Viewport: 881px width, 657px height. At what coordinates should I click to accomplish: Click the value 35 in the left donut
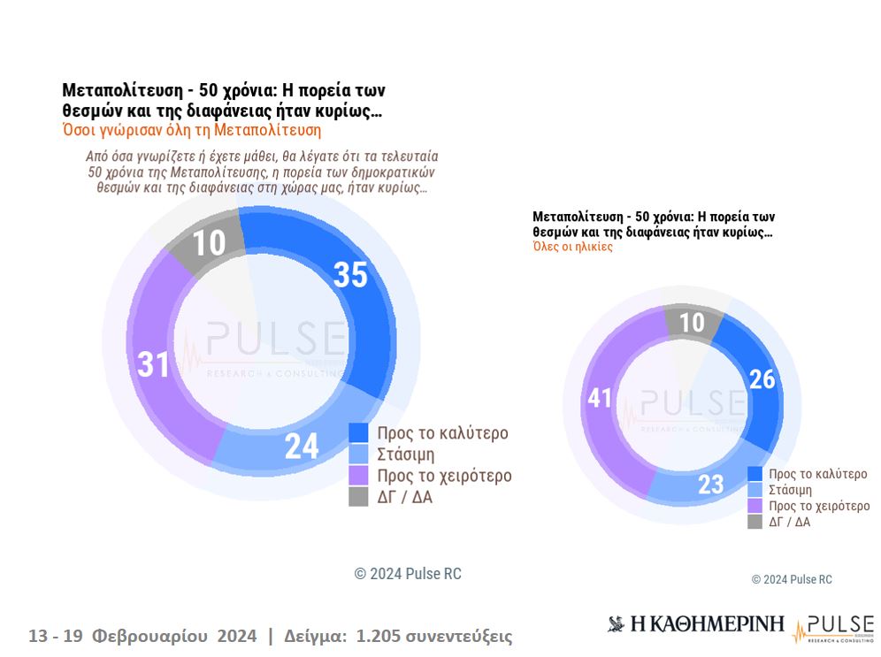click(x=350, y=275)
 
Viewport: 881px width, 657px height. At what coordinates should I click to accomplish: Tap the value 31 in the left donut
click(x=153, y=363)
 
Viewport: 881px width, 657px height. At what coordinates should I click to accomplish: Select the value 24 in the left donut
click(x=302, y=447)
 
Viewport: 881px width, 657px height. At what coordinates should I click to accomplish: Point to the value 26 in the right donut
click(x=762, y=378)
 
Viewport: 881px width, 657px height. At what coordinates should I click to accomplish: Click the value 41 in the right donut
click(x=600, y=399)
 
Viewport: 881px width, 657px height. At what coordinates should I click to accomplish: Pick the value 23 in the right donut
click(x=710, y=484)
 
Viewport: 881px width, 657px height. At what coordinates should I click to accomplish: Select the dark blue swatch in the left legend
click(x=358, y=432)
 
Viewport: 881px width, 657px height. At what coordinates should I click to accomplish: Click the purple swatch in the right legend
click(x=755, y=506)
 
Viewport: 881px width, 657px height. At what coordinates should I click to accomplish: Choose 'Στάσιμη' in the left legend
click(x=406, y=455)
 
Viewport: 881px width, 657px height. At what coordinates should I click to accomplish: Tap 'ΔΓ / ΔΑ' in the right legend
click(x=789, y=522)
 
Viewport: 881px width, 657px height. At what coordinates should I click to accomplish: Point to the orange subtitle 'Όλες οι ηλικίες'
click(x=572, y=247)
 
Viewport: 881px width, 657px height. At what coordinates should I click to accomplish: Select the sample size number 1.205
click(x=379, y=636)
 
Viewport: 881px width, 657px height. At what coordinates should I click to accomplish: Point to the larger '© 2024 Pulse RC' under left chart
click(x=408, y=574)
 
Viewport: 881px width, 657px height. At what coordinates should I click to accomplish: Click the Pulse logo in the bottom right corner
click(x=833, y=627)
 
